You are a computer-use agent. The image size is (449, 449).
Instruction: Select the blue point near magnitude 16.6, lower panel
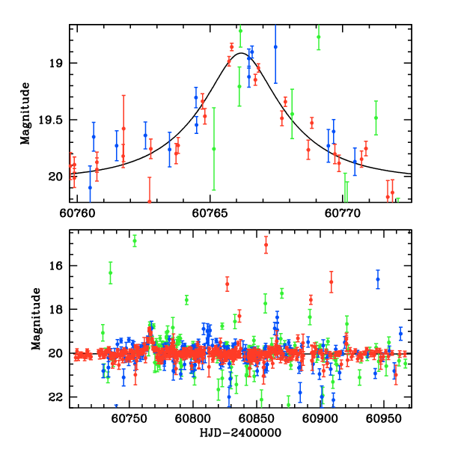pos(378,279)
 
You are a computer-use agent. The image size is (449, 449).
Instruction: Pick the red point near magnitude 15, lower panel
pos(266,245)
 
